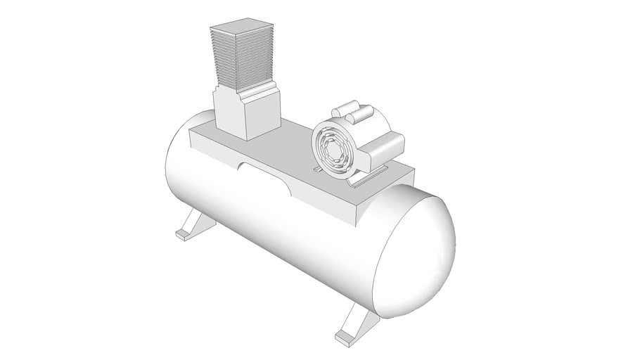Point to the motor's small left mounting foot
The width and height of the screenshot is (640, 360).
318,169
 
